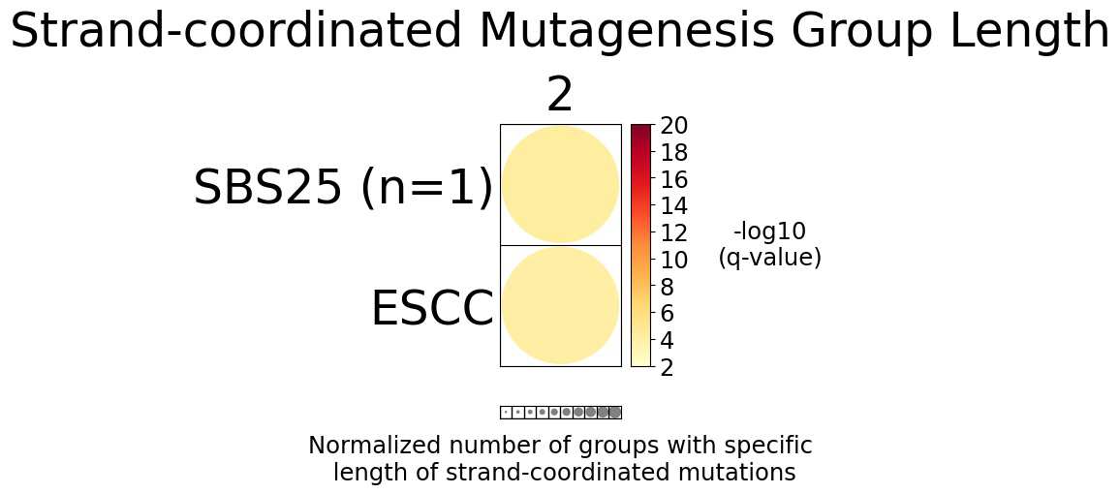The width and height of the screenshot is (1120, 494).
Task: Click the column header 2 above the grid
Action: [x=560, y=96]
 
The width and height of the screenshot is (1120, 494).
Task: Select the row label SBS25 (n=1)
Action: [x=343, y=187]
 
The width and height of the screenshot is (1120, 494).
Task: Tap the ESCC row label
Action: [x=432, y=309]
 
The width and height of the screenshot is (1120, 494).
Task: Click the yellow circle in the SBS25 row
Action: [x=560, y=184]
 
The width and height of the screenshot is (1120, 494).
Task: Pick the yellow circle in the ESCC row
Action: [x=560, y=306]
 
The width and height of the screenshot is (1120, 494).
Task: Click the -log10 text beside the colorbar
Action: [x=769, y=232]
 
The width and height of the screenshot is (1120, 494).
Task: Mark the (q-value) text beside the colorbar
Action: [x=769, y=258]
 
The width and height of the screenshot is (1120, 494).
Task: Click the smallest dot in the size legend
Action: [x=506, y=412]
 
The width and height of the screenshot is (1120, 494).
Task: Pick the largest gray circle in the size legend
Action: [x=615, y=412]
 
